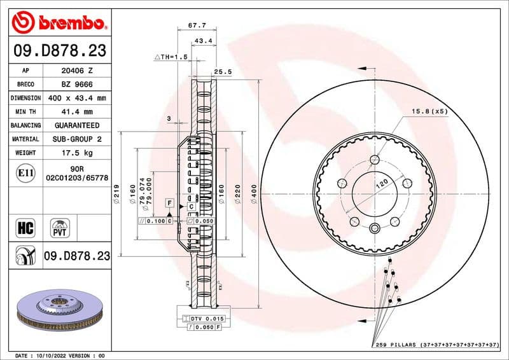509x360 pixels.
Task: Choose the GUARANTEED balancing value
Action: tap(76, 126)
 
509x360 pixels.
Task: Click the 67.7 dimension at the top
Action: tap(195, 26)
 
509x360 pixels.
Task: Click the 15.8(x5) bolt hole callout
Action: tap(429, 111)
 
